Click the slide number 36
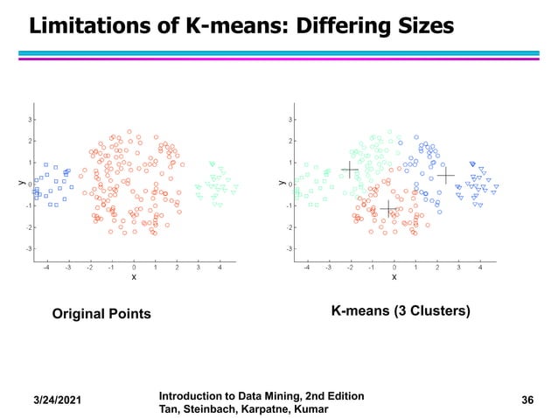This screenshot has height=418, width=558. [x=527, y=401]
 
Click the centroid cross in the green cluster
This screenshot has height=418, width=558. [x=349, y=169]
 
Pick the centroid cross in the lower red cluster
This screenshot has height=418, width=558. [x=388, y=208]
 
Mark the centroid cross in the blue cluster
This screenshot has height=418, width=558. [x=446, y=176]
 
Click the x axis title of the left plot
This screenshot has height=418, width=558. [x=134, y=277]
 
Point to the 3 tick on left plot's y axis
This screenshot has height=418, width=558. [x=31, y=120]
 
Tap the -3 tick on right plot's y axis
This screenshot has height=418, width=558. [x=290, y=248]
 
